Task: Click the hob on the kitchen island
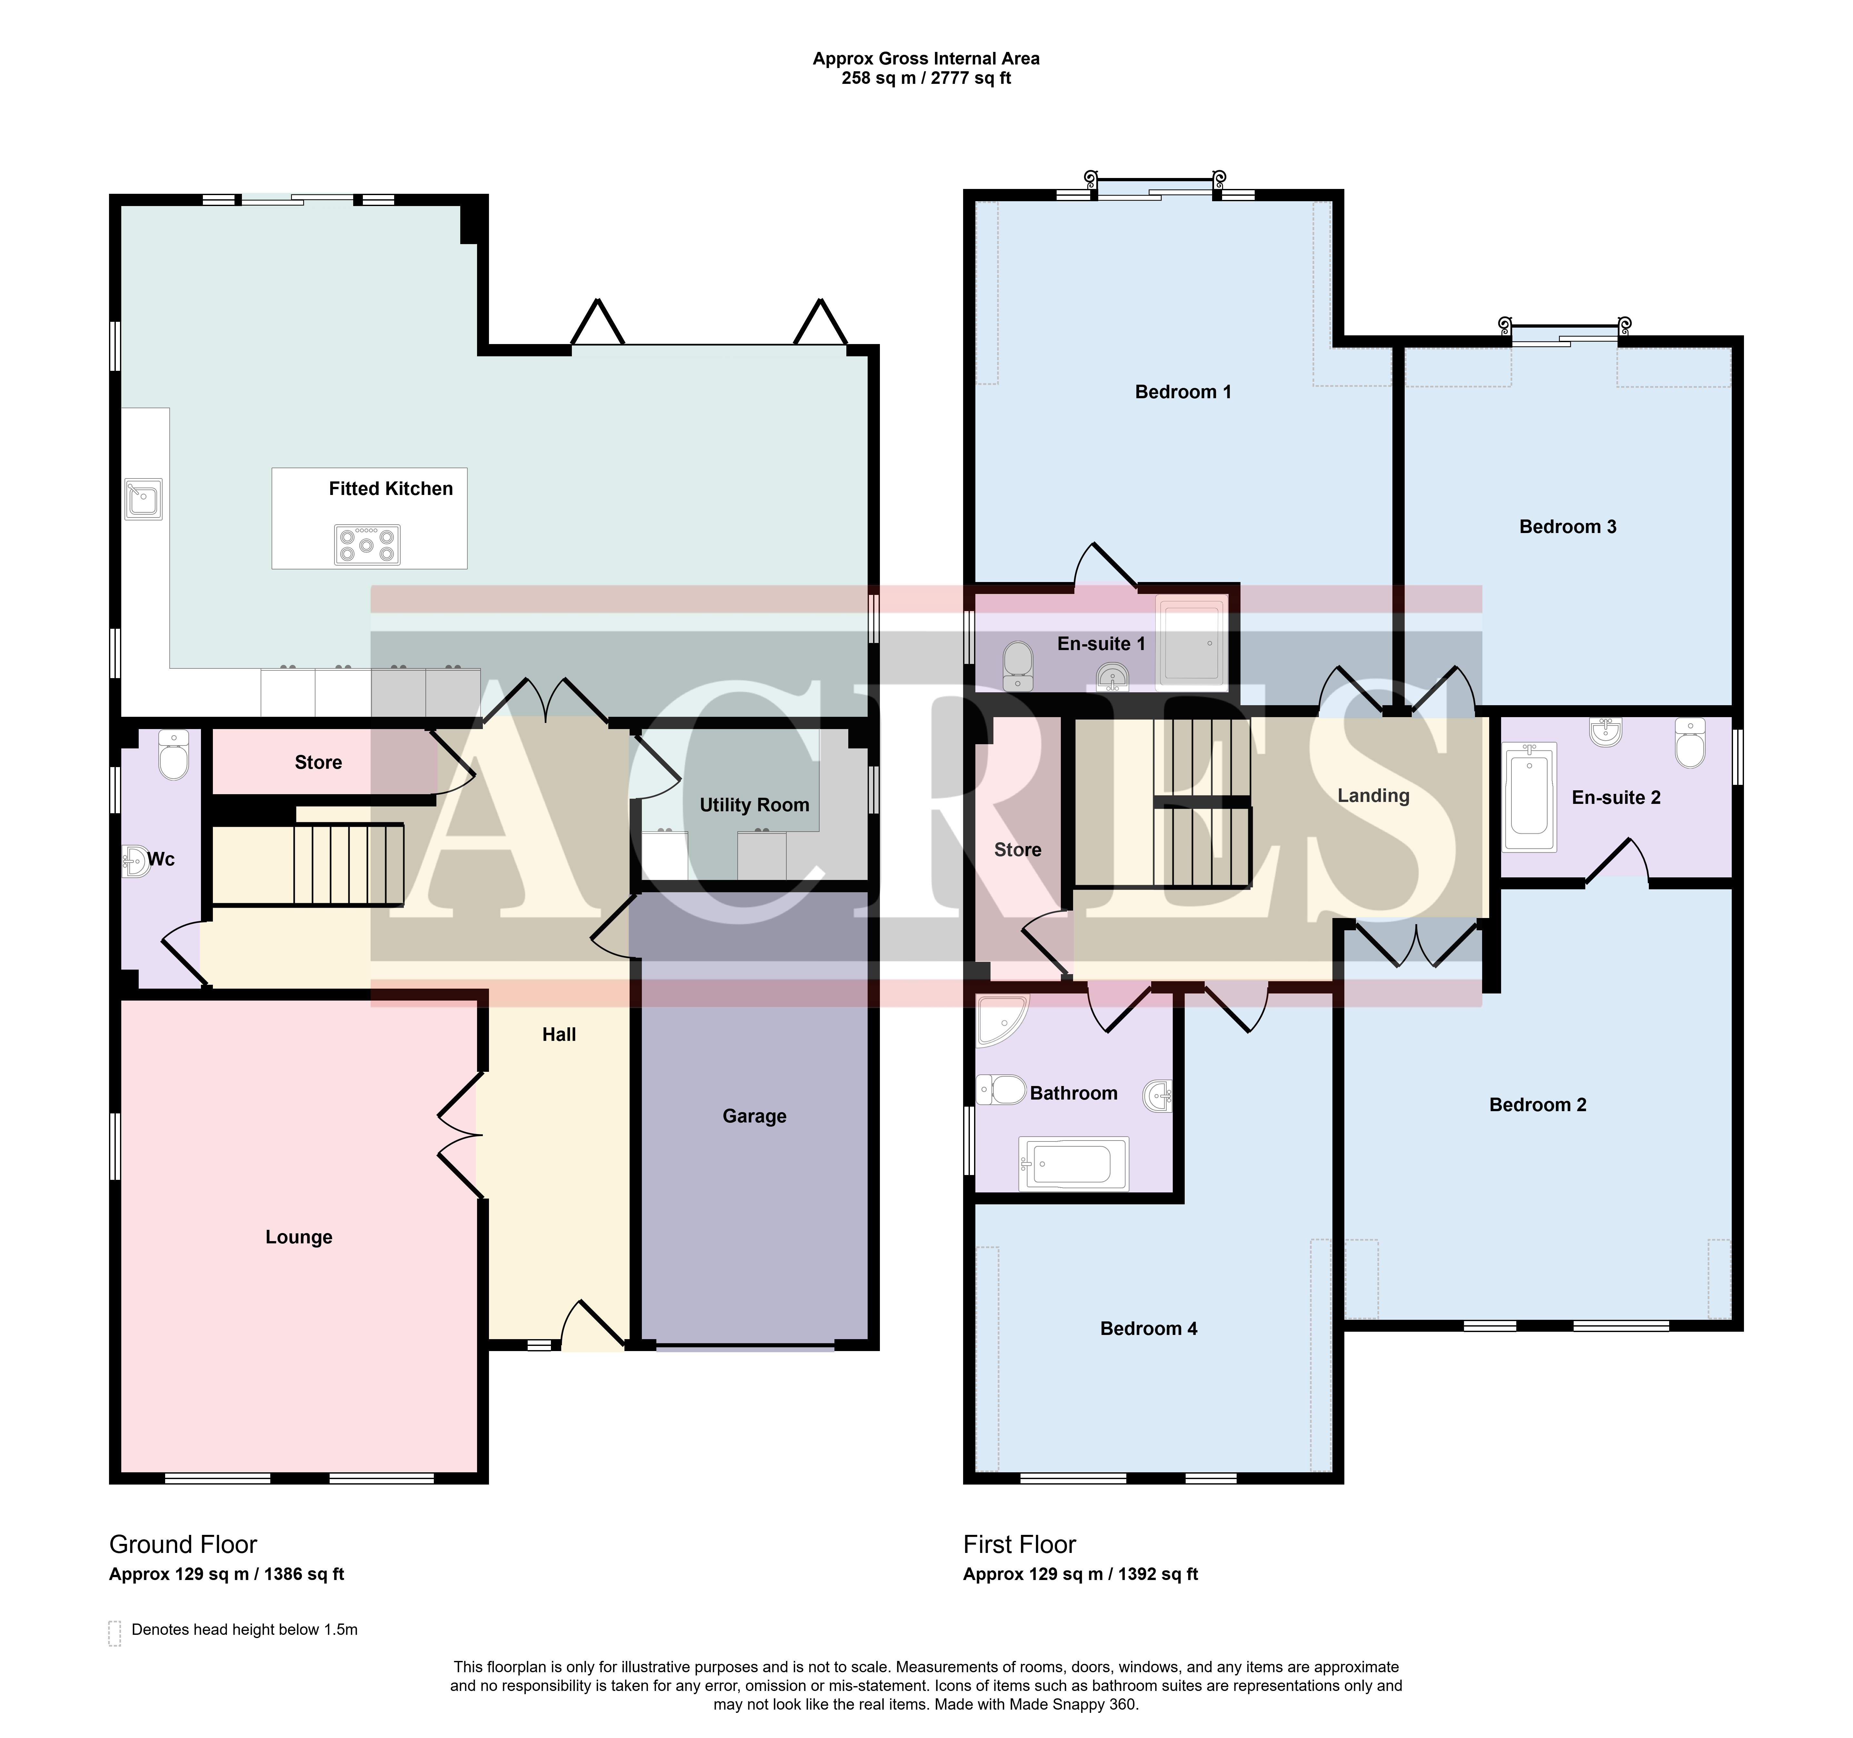tap(367, 544)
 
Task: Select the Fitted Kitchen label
tap(391, 488)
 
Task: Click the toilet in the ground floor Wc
tap(174, 754)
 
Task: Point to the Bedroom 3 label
tap(1568, 527)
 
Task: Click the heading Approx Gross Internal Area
tap(926, 58)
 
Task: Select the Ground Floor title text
tap(183, 1544)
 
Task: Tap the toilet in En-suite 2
tap(1690, 743)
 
